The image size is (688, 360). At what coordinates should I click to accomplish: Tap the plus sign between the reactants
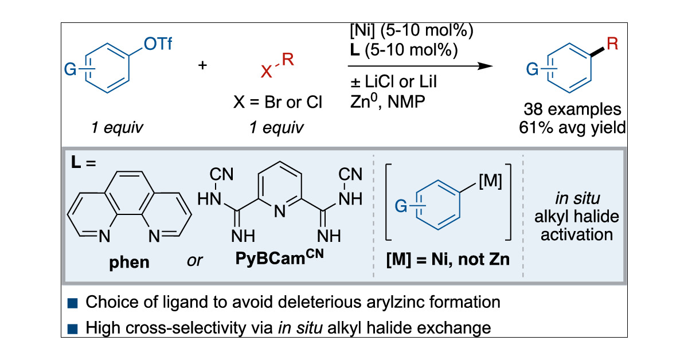tap(202, 65)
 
